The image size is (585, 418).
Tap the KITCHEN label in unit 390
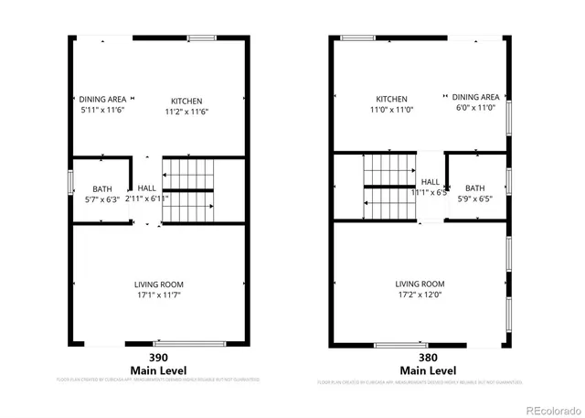[x=186, y=101]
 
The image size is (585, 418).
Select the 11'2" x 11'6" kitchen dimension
[x=186, y=111]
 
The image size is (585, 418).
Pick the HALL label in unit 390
[x=146, y=188]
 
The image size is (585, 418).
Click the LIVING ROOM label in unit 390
[x=160, y=284]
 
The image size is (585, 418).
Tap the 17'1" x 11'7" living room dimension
[x=160, y=295]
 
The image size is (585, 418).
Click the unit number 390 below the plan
[x=159, y=358]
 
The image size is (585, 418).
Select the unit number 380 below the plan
[x=420, y=358]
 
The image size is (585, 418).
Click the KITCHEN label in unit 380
[x=391, y=98]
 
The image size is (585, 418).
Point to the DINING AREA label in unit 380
[x=475, y=97]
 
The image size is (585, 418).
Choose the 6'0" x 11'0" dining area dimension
[x=475, y=107]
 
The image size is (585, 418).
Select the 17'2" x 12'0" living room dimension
[x=420, y=294]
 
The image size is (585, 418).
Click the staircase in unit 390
[x=188, y=190]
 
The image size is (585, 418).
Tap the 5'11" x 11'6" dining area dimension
[x=101, y=110]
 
